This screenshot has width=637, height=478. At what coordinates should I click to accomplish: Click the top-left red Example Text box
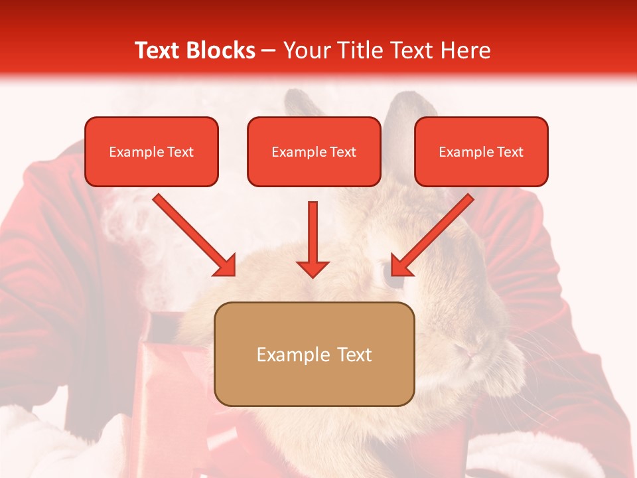point(151,151)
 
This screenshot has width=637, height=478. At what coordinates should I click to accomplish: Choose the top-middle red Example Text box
point(314,151)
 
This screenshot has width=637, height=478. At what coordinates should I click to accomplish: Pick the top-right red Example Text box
point(481,151)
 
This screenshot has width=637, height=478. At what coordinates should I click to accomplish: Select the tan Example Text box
point(314,354)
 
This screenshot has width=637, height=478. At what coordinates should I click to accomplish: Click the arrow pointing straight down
point(313,239)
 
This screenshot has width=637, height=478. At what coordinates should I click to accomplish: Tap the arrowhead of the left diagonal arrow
point(226,266)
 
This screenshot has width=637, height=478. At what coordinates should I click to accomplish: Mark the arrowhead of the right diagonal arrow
point(401,266)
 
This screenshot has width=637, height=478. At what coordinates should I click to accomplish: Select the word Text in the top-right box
point(510,151)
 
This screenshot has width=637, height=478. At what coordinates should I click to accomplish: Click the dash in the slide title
point(269,50)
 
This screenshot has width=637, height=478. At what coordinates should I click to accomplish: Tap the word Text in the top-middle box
point(342,151)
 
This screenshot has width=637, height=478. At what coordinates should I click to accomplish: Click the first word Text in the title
point(159,50)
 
